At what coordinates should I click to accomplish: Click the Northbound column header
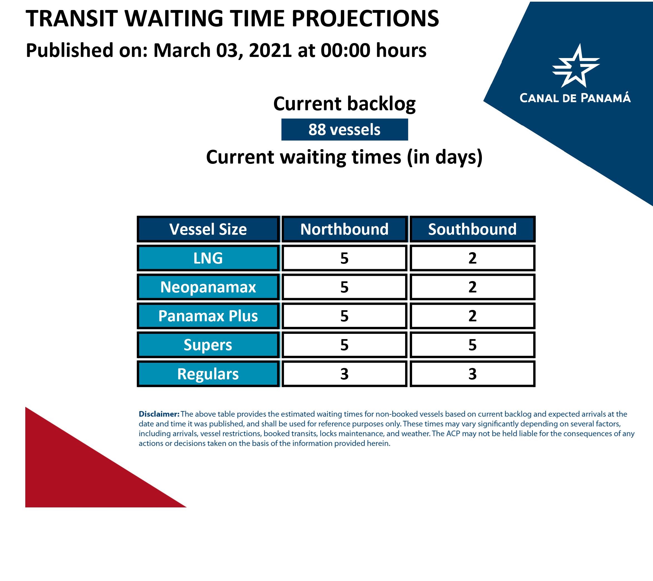point(344,229)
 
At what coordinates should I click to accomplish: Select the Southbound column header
point(472,229)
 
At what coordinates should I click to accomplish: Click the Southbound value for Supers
point(472,345)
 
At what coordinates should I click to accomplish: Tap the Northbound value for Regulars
point(344,374)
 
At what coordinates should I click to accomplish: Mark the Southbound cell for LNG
point(472,258)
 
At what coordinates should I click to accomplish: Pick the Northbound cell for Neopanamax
point(344,287)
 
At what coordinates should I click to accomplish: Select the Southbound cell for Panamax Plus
point(472,316)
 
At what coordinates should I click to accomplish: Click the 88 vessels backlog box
point(344,130)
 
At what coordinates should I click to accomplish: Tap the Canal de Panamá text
point(575,98)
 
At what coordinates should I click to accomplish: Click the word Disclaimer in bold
point(159,414)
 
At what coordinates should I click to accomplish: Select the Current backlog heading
point(344,104)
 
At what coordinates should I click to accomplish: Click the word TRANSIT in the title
point(72,19)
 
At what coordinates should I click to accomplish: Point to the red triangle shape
point(80,472)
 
